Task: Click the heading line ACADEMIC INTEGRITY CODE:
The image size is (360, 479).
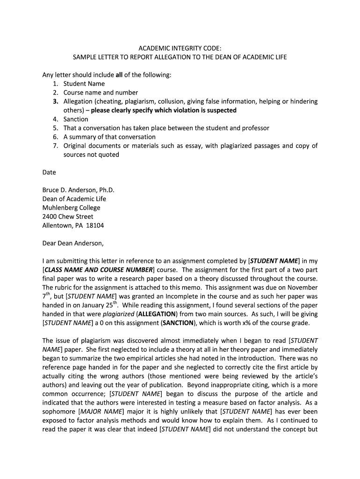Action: coord(180,48)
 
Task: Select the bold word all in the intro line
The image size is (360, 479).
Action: coord(119,75)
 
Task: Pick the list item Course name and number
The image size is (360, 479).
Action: coord(101,93)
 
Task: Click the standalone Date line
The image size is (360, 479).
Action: coord(49,172)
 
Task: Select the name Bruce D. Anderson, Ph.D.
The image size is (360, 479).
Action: coord(78,190)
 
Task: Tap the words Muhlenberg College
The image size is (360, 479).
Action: coord(71,208)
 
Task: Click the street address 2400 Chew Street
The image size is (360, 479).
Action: coord(67,217)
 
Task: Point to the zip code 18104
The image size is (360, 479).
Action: coord(95,225)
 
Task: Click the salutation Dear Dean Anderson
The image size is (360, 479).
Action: coord(73,243)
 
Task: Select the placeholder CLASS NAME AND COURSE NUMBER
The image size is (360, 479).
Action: coord(99,270)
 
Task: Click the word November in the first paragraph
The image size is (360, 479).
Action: coord(302,288)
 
